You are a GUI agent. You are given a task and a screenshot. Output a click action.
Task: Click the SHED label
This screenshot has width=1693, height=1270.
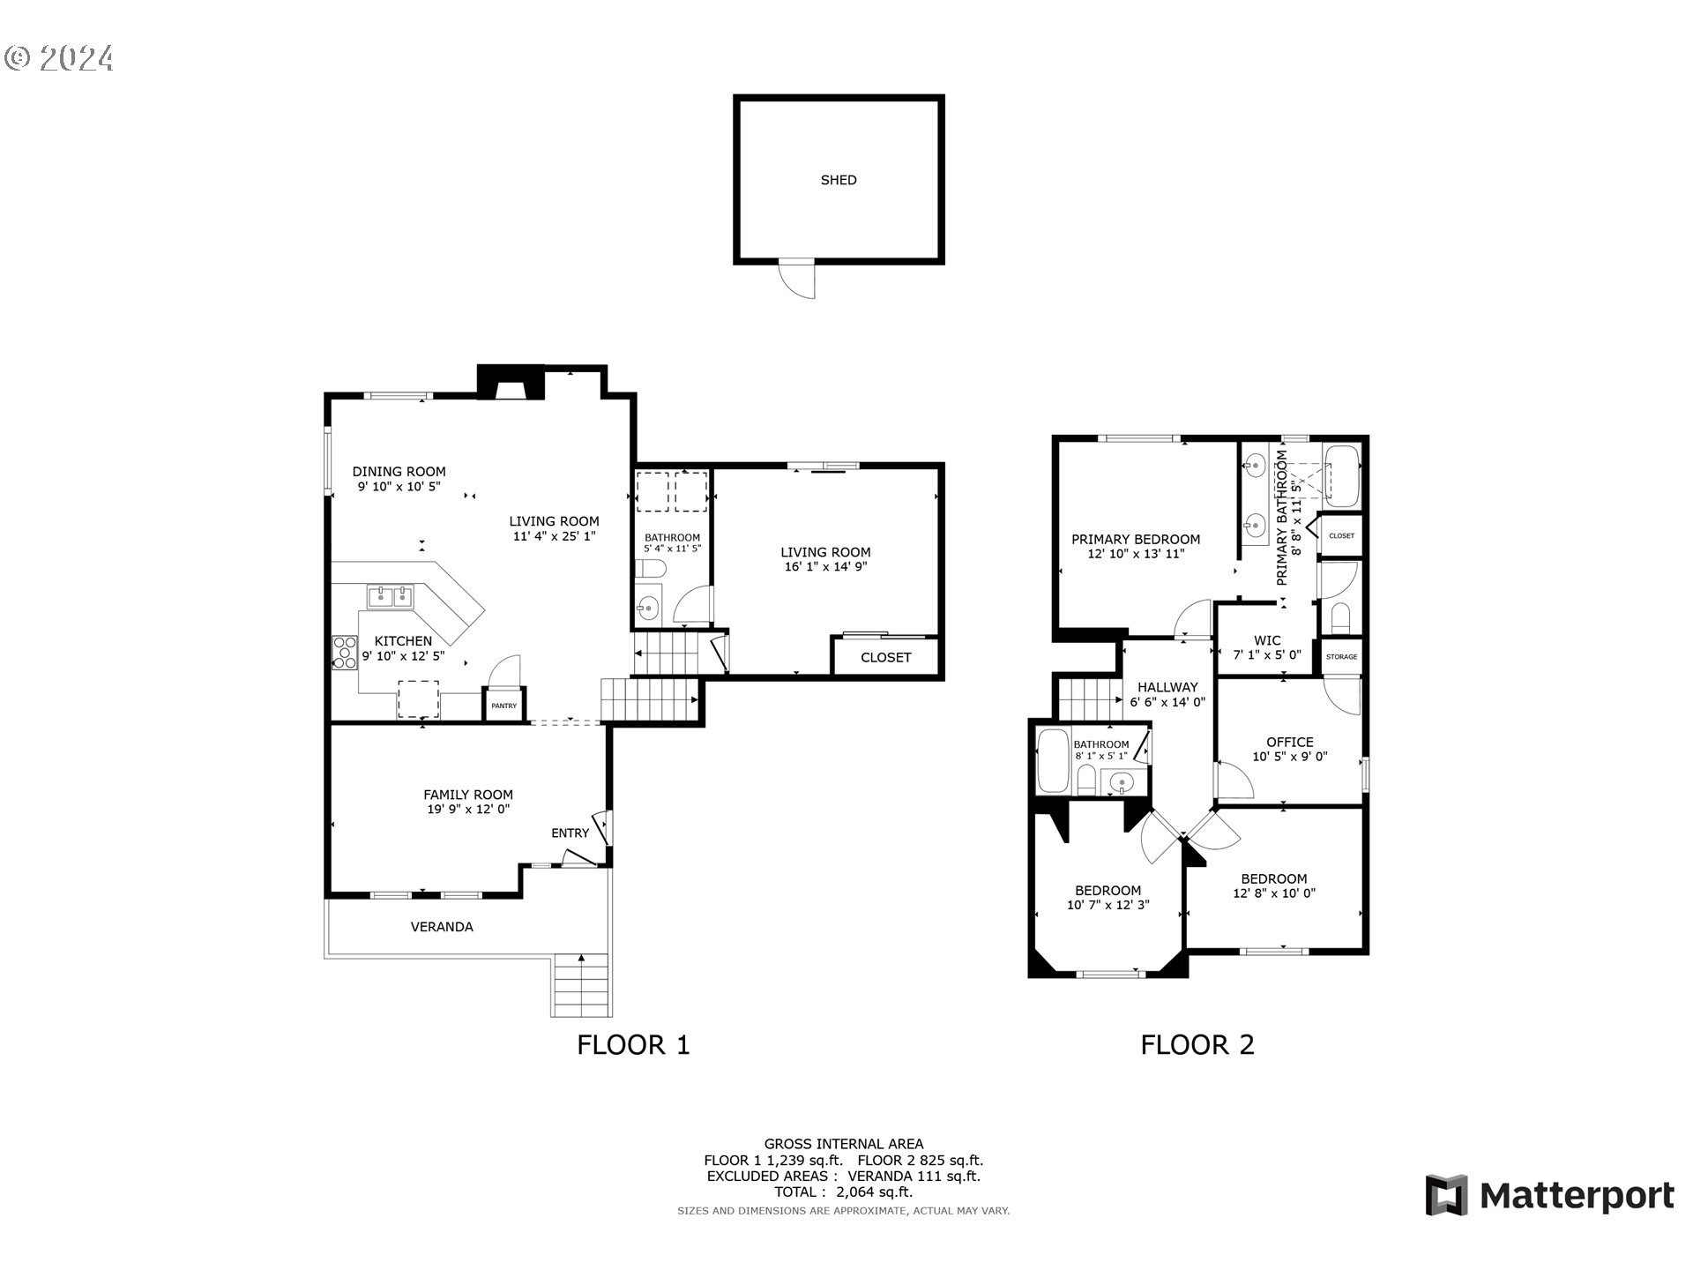(x=838, y=180)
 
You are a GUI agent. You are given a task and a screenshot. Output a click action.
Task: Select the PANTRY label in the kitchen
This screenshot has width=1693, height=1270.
(x=503, y=706)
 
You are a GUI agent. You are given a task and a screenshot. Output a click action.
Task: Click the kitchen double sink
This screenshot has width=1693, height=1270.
(x=391, y=596)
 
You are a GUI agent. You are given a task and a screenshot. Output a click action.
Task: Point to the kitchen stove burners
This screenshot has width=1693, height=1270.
(x=344, y=652)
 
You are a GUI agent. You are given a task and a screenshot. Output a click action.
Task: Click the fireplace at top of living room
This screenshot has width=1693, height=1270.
(x=510, y=383)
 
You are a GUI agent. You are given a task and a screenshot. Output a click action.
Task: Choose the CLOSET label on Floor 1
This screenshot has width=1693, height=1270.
(x=885, y=657)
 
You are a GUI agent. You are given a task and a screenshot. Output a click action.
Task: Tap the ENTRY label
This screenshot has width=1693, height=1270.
(x=570, y=833)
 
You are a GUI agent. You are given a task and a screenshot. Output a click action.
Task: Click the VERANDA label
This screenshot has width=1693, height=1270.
(x=442, y=926)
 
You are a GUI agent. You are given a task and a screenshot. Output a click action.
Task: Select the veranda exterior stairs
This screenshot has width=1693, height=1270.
(x=582, y=985)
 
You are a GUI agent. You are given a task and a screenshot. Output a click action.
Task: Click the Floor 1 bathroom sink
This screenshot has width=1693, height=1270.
(x=648, y=607)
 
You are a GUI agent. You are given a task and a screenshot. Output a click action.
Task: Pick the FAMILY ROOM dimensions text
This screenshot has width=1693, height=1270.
(x=468, y=809)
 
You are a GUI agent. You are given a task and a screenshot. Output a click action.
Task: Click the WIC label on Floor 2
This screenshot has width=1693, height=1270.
(x=1267, y=640)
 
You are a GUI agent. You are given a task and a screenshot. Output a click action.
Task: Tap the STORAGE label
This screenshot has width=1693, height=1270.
(x=1341, y=656)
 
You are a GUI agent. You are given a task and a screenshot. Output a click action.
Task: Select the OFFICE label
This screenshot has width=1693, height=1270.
(x=1289, y=742)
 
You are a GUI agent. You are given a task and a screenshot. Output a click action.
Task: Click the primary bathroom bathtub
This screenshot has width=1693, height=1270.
(x=1342, y=475)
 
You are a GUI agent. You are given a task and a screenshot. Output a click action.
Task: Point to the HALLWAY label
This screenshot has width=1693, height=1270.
(x=1167, y=687)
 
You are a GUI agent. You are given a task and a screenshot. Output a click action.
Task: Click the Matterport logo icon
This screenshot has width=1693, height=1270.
(x=1446, y=1195)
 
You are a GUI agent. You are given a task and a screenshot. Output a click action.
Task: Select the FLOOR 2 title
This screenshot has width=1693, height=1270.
(x=1197, y=1045)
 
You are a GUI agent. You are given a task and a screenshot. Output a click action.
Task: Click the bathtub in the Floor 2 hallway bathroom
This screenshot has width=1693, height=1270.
(x=1053, y=760)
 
